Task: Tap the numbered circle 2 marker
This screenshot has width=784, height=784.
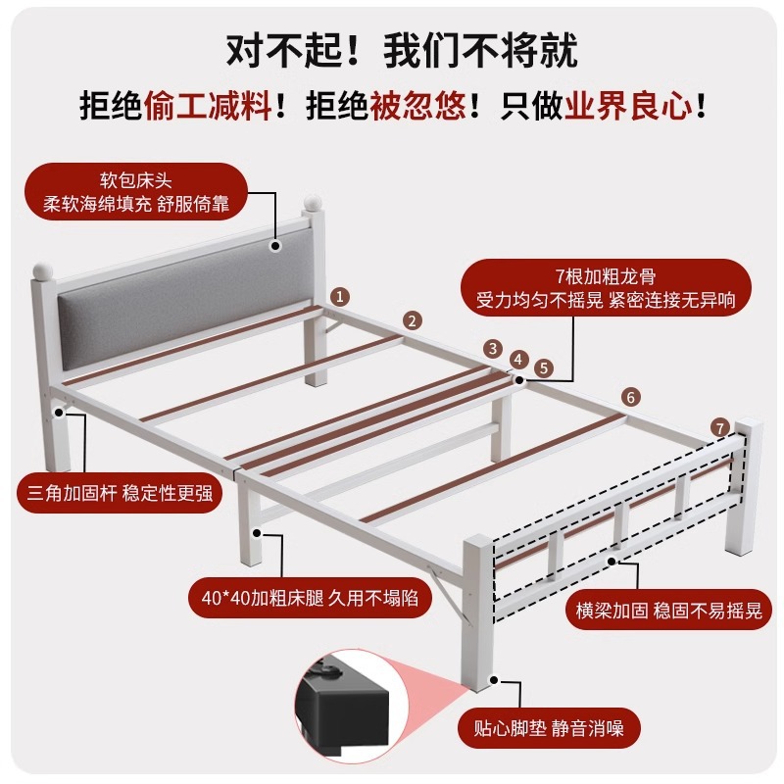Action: click(x=413, y=320)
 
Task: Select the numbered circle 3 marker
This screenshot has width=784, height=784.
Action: click(x=493, y=348)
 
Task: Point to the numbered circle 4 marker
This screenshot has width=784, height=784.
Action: click(x=518, y=360)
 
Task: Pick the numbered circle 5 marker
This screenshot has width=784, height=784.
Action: click(x=545, y=368)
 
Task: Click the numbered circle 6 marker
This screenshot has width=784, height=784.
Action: click(x=630, y=397)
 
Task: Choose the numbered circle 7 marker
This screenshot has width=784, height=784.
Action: click(x=719, y=428)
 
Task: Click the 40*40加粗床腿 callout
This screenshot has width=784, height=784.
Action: click(x=309, y=597)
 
